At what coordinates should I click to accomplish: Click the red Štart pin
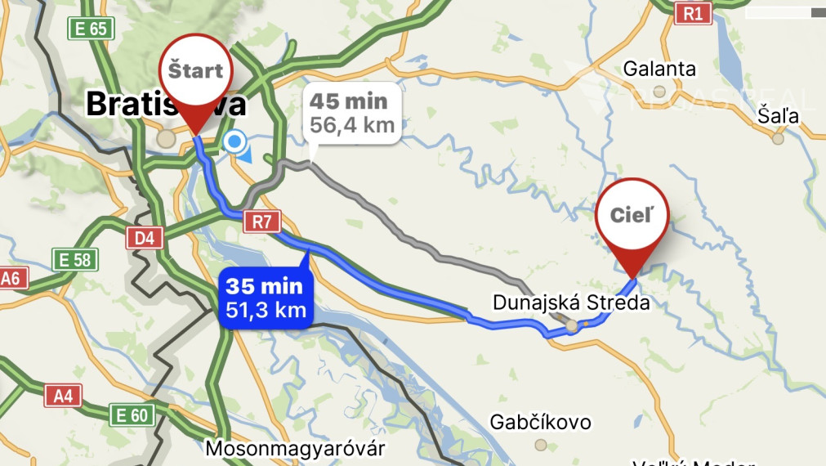coord(196,72)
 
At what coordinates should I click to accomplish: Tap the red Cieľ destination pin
coord(632,215)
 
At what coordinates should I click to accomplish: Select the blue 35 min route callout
coord(265,298)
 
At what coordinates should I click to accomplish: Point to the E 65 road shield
coord(89,29)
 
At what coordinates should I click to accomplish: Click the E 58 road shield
coord(74,260)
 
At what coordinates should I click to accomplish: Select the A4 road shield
coord(63,397)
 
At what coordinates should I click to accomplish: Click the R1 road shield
coord(694,12)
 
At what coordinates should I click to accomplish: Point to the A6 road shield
coord(9,278)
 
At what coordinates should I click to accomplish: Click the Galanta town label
coord(659,69)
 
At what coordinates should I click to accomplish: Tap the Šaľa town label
coord(778,115)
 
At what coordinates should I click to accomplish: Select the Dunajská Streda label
coord(571,302)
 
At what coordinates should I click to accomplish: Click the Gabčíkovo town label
coord(540,422)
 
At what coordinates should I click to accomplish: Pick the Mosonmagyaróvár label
coord(295,449)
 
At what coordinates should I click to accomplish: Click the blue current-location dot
coord(235,142)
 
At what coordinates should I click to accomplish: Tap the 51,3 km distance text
coord(266,309)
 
